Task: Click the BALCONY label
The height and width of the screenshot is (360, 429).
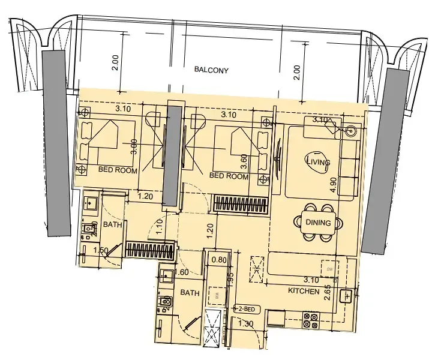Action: [x=212, y=70]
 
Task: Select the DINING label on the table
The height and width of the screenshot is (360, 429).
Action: [x=317, y=223]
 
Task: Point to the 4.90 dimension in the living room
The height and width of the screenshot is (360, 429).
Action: [x=333, y=183]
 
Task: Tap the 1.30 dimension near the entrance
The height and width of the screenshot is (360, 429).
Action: [x=245, y=325]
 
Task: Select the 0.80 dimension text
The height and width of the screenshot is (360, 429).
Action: [x=219, y=260]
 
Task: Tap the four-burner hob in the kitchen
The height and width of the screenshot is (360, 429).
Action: [x=310, y=320]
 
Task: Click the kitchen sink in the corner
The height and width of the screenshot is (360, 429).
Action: [x=346, y=296]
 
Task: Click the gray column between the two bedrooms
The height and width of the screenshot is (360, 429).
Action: [x=174, y=156]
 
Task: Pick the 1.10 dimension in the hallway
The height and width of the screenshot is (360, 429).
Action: [x=160, y=226]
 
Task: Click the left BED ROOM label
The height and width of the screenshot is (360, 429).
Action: [x=118, y=171]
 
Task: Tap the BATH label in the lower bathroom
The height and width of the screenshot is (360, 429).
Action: [x=190, y=293]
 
